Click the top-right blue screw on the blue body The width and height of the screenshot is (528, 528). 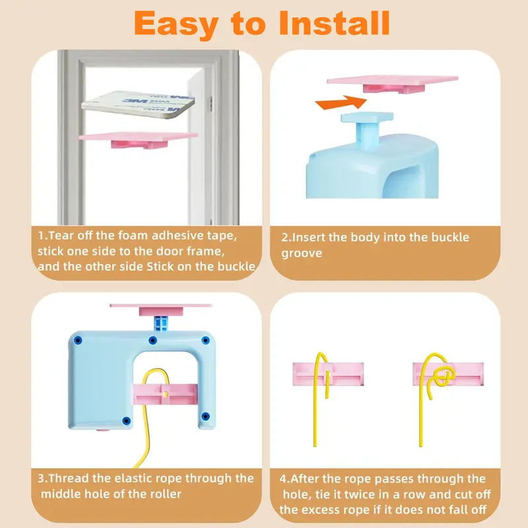click(205, 341)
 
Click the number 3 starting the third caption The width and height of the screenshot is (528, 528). click(42, 478)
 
